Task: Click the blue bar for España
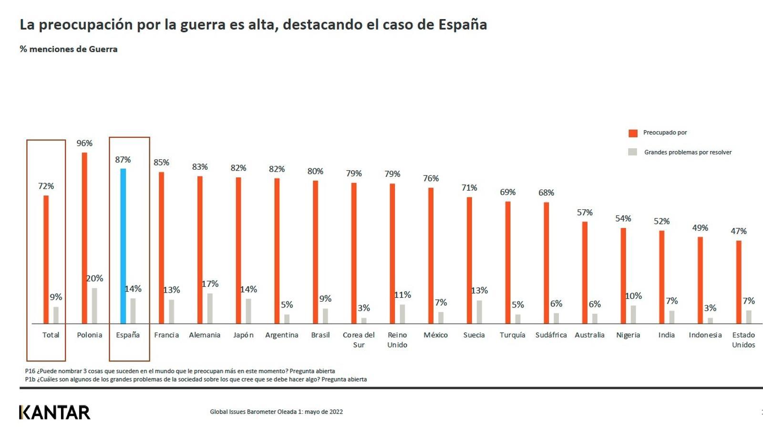tap(123, 246)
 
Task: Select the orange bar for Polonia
tap(84, 238)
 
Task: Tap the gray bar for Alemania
tap(210, 308)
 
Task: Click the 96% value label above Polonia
tap(84, 143)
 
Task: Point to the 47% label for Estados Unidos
tap(739, 231)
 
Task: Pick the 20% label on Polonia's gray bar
tap(94, 278)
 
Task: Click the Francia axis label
tap(166, 335)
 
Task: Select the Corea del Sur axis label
tap(359, 340)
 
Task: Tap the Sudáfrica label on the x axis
tap(551, 335)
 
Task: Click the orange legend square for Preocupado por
tap(633, 133)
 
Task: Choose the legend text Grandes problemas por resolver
tap(688, 153)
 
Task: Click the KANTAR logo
tap(55, 412)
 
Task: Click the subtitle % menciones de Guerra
tap(69, 49)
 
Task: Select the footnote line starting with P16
tap(180, 371)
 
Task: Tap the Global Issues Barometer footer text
tap(276, 412)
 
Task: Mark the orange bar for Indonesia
tap(700, 280)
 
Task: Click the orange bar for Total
tap(46, 259)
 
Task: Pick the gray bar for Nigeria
tap(633, 315)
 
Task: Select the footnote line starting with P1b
tap(196, 379)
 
